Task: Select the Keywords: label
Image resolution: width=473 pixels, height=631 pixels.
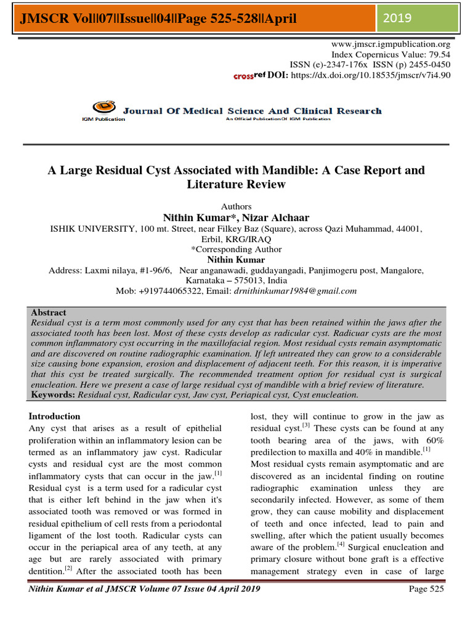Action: tap(51, 393)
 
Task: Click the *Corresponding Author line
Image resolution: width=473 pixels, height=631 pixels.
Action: tap(236, 250)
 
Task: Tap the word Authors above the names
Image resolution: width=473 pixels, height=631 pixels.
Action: tap(236, 206)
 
